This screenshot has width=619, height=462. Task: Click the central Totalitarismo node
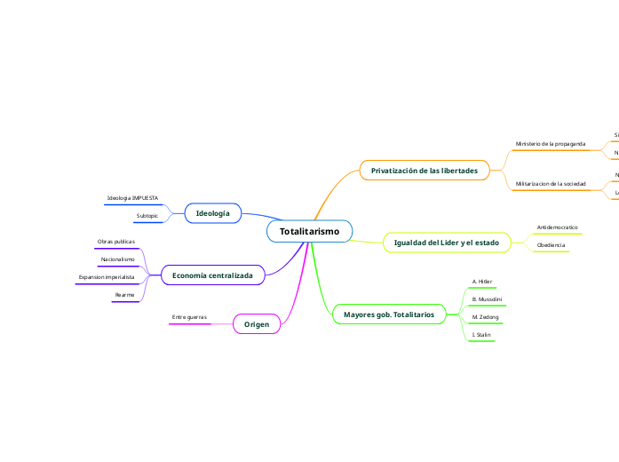tap(309, 231)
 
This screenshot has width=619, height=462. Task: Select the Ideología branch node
tap(212, 213)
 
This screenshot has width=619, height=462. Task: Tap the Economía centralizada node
tap(212, 275)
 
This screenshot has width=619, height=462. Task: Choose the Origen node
tap(257, 324)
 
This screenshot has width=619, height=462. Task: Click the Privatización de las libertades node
tap(425, 170)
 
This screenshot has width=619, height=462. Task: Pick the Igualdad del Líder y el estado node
tap(446, 243)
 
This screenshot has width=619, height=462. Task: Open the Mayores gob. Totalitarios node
tap(389, 315)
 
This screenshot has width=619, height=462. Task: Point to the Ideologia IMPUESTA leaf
tap(132, 197)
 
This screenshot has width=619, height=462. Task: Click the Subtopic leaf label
tap(147, 216)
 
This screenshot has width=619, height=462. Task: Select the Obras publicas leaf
tap(116, 242)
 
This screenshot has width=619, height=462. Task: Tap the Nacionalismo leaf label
tap(118, 259)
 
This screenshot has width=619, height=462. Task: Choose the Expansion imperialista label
tap(107, 277)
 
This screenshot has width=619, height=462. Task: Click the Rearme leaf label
tap(124, 294)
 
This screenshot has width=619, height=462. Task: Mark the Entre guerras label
tap(189, 316)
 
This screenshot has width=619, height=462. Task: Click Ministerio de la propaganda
tap(550, 143)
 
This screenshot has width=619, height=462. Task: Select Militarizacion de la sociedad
tap(551, 183)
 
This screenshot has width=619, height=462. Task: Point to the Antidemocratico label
tap(558, 227)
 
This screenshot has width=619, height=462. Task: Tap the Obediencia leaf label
tap(551, 244)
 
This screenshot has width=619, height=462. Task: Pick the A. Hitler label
tap(482, 281)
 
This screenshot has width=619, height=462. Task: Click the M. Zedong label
tap(485, 316)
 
